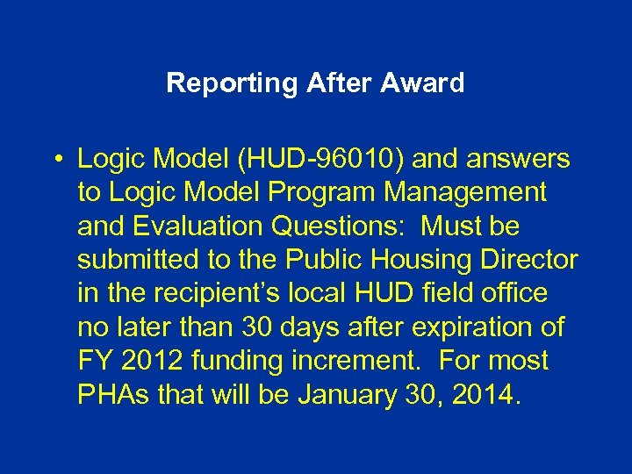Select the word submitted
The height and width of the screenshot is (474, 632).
(133, 260)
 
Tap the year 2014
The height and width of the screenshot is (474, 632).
(489, 394)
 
